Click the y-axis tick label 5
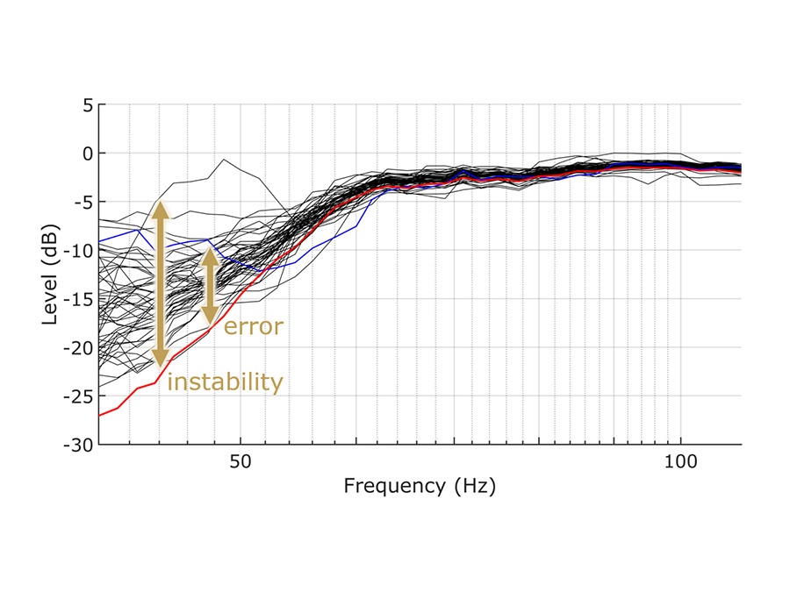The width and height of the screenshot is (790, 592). (x=86, y=105)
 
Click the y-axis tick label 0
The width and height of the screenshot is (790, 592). (x=86, y=153)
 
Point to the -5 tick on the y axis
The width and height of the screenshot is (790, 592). (x=82, y=202)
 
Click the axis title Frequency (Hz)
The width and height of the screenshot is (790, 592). (x=420, y=487)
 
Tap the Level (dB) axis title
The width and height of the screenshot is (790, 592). (x=51, y=275)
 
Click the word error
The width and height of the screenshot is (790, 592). (x=254, y=328)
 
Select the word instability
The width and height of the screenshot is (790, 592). (x=225, y=382)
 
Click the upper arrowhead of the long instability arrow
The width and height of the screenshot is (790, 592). (x=160, y=209)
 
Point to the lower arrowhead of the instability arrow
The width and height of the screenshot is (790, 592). (x=160, y=358)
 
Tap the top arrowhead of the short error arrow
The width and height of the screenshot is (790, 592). (x=209, y=256)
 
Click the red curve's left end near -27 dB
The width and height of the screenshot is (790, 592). (x=100, y=415)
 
